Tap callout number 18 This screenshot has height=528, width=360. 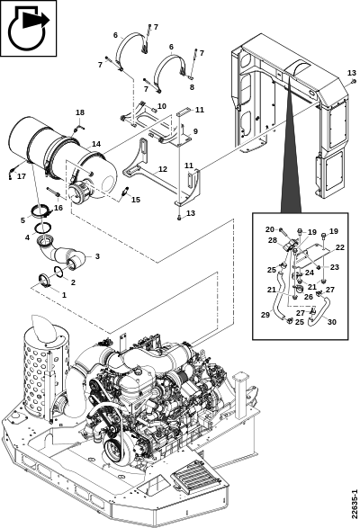[x=80, y=112]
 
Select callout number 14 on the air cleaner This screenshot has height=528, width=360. [x=96, y=144]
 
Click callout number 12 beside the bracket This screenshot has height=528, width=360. [x=163, y=169]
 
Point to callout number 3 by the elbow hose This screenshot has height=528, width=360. [x=97, y=256]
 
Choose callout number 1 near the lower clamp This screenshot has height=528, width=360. [x=64, y=295]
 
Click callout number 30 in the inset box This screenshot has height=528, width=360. [x=332, y=322]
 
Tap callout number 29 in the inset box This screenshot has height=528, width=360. [x=265, y=315]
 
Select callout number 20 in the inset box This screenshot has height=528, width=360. [x=270, y=229]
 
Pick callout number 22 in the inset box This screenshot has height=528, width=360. [x=340, y=247]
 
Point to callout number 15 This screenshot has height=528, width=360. [x=136, y=200]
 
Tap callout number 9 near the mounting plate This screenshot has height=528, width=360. [x=195, y=131]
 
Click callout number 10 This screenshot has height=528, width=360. [x=162, y=106]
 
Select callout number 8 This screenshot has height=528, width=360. [x=192, y=87]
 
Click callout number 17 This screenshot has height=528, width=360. [x=22, y=176]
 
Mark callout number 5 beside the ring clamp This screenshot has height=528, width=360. [x=22, y=220]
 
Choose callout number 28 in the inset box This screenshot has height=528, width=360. [x=273, y=240]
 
